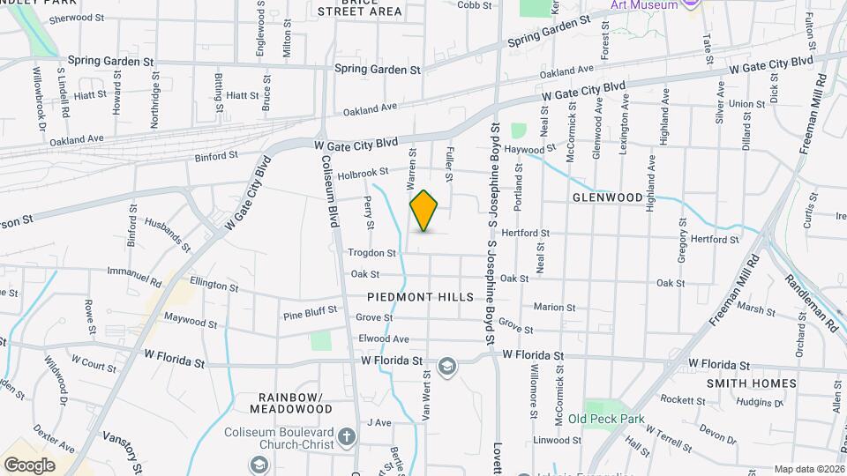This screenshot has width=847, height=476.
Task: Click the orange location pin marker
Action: pyautogui.click(x=424, y=211)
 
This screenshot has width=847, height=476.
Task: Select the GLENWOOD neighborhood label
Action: pyautogui.click(x=607, y=198)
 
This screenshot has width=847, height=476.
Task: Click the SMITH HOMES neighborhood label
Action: pyautogui.click(x=751, y=383)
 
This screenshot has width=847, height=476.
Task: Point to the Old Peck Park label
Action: pyautogui.click(x=606, y=419)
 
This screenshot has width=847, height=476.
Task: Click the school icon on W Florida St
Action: pyautogui.click(x=447, y=366)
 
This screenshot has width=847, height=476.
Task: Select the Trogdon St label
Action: pyautogui.click(x=371, y=252)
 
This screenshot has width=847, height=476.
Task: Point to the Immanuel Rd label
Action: pyautogui.click(x=134, y=277)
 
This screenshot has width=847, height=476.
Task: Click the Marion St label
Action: pyautogui.click(x=554, y=308)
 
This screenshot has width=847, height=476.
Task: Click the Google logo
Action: pyautogui.click(x=29, y=465)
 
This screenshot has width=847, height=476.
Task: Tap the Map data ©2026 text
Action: pyautogui.click(x=810, y=469)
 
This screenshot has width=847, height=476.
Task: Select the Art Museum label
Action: pyautogui.click(x=646, y=5)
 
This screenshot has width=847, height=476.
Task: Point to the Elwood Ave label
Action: pyautogui.click(x=384, y=338)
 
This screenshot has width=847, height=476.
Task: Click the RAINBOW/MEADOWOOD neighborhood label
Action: pyautogui.click(x=290, y=403)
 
